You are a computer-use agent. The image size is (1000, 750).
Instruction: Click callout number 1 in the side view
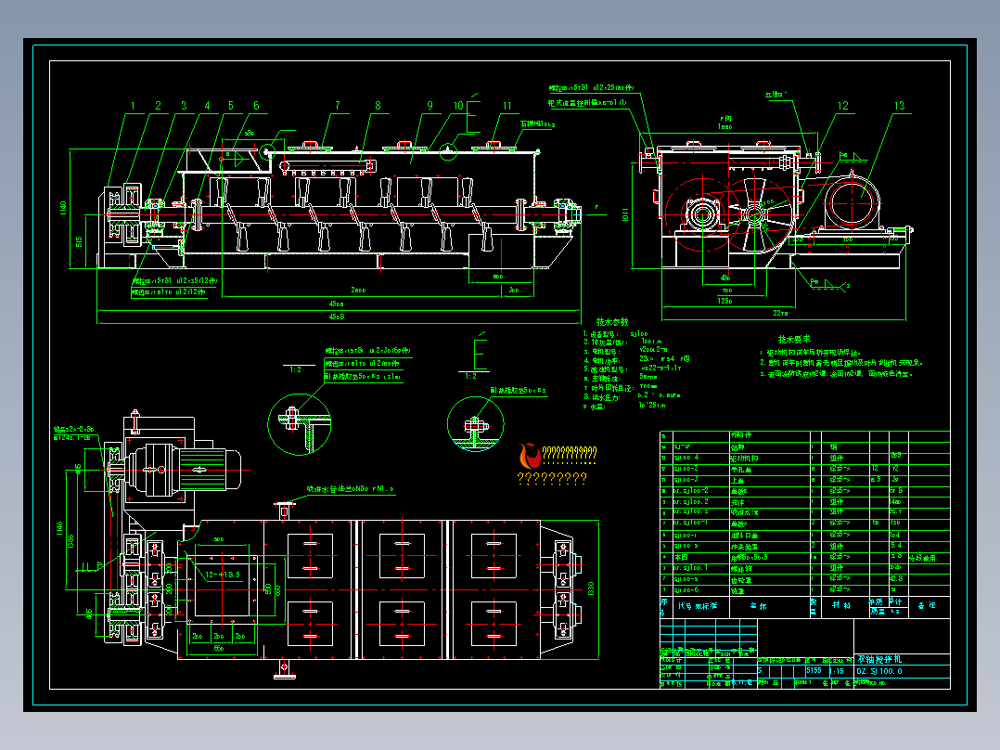pyautogui.click(x=132, y=106)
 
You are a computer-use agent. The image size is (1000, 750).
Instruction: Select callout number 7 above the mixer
pyautogui.click(x=338, y=106)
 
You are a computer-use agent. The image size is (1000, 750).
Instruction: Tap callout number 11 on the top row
pyautogui.click(x=506, y=106)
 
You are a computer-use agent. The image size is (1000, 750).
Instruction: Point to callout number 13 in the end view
pyautogui.click(x=898, y=106)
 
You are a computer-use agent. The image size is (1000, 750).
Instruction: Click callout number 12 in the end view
pyautogui.click(x=842, y=106)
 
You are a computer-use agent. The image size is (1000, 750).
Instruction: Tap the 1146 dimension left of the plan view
pyautogui.click(x=59, y=529)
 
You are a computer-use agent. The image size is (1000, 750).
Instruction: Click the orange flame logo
pyautogui.click(x=530, y=456)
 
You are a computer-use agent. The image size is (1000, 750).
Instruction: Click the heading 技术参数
pyautogui.click(x=611, y=321)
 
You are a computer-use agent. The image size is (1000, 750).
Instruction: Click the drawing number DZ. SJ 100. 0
pyautogui.click(x=879, y=670)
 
